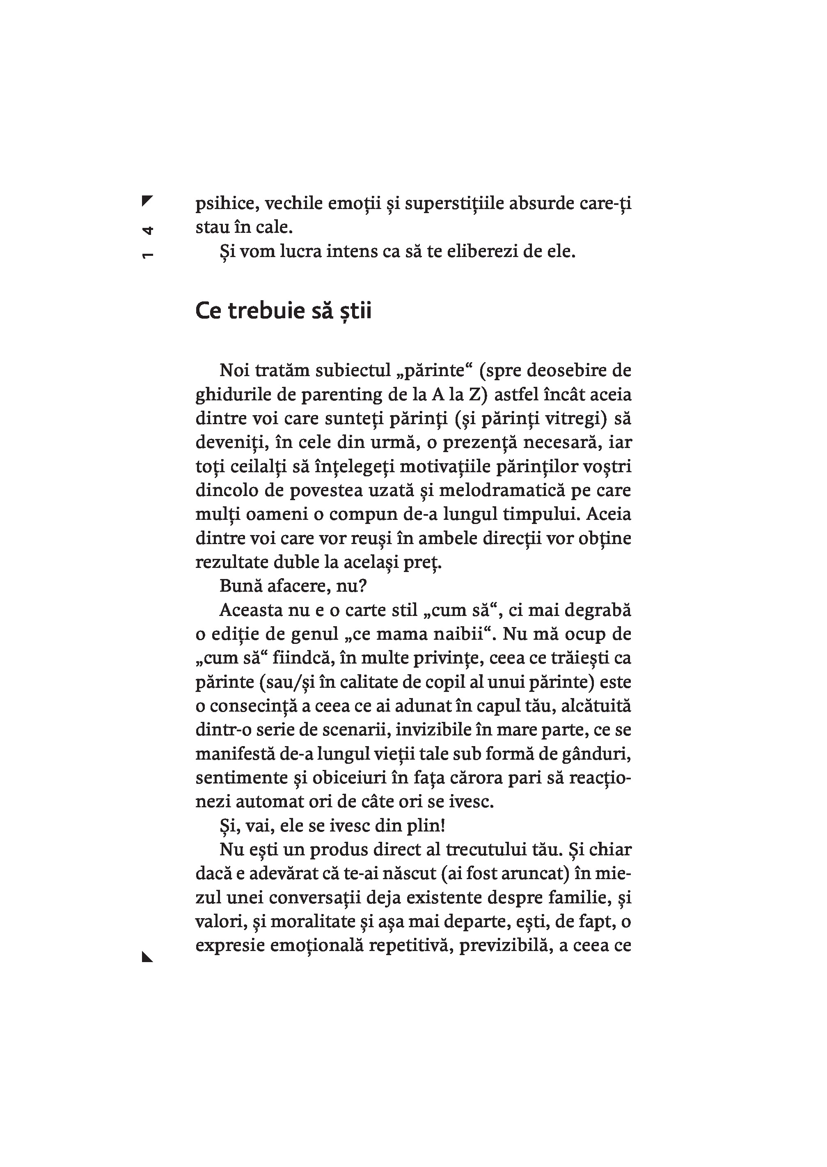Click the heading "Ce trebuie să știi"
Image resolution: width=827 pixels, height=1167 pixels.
[283, 311]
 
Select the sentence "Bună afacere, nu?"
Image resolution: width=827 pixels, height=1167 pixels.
[293, 586]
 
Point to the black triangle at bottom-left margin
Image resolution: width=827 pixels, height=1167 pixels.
[147, 957]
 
